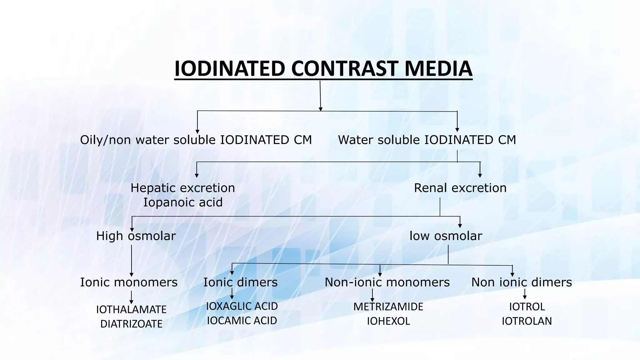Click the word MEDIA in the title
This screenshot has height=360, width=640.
click(x=438, y=68)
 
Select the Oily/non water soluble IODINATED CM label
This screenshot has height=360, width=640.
click(x=196, y=140)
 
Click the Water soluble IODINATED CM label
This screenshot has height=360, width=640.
click(x=427, y=140)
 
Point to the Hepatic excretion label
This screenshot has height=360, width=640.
click(x=183, y=188)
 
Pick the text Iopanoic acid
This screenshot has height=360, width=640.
click(x=183, y=202)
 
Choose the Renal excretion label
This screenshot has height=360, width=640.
click(x=460, y=188)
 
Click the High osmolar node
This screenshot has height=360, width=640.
click(x=136, y=236)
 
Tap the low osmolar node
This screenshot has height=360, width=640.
click(x=446, y=236)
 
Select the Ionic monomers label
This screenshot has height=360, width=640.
click(x=129, y=282)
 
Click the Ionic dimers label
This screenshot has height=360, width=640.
click(x=240, y=282)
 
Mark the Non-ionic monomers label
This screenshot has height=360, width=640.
click(x=387, y=282)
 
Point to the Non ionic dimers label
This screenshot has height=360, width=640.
click(x=522, y=282)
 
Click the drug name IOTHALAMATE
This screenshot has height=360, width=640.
click(x=131, y=309)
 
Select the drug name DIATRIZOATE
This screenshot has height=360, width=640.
click(x=131, y=324)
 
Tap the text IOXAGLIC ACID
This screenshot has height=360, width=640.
click(x=242, y=306)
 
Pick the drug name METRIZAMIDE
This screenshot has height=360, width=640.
click(x=388, y=307)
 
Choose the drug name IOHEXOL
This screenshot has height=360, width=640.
click(x=388, y=321)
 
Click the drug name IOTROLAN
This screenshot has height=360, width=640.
click(x=527, y=321)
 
